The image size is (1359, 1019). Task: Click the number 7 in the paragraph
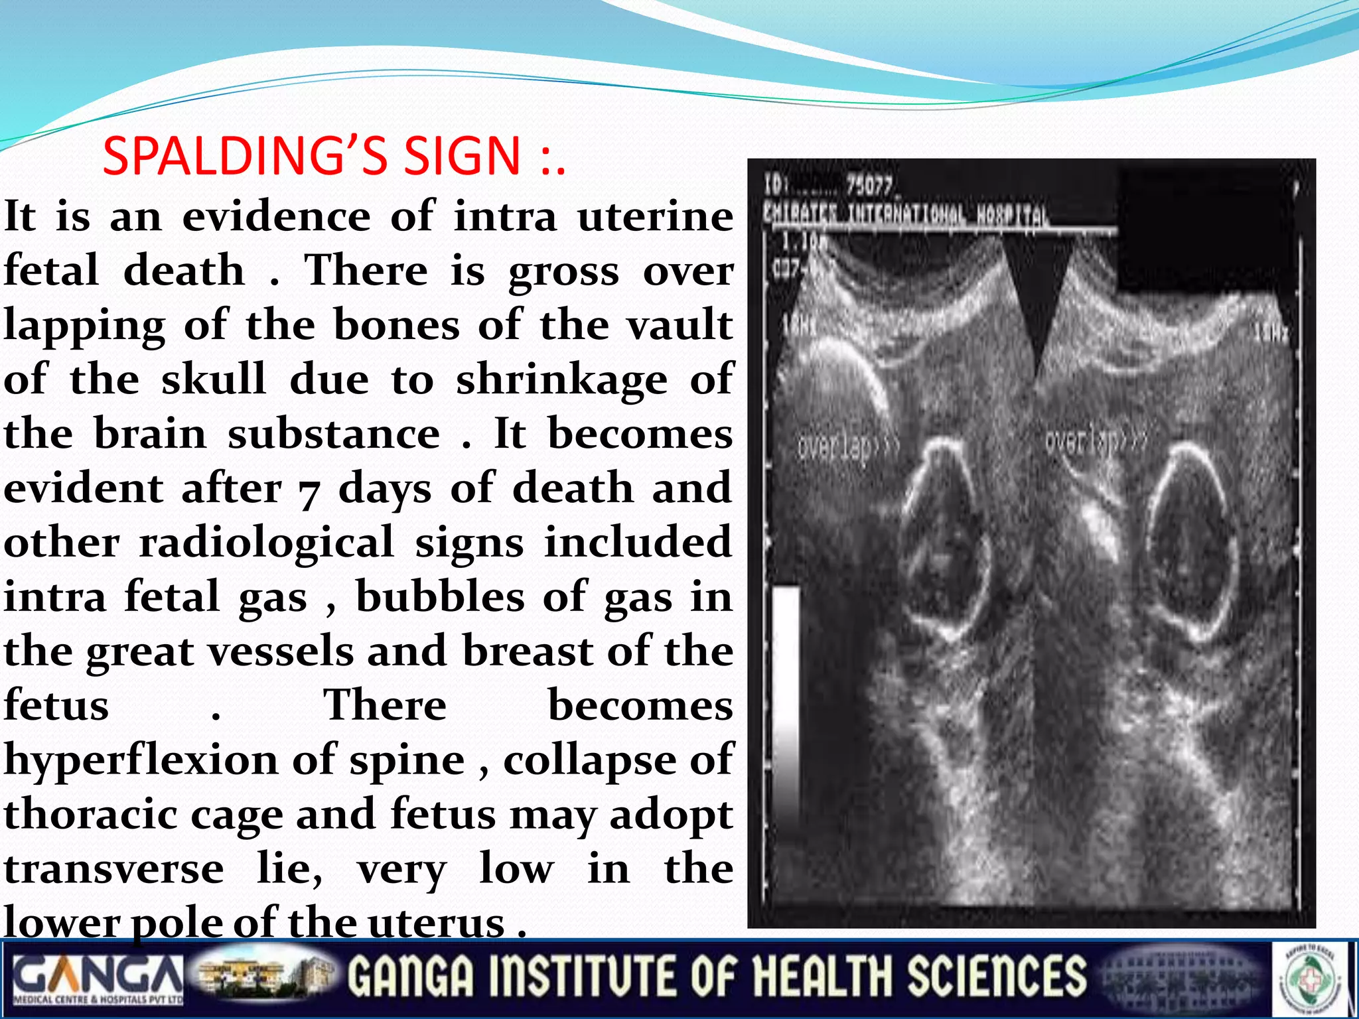coord(309,492)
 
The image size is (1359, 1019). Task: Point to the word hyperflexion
coord(141,761)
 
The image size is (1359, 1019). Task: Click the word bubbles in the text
coord(440,598)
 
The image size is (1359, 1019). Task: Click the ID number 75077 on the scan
coord(869,186)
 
